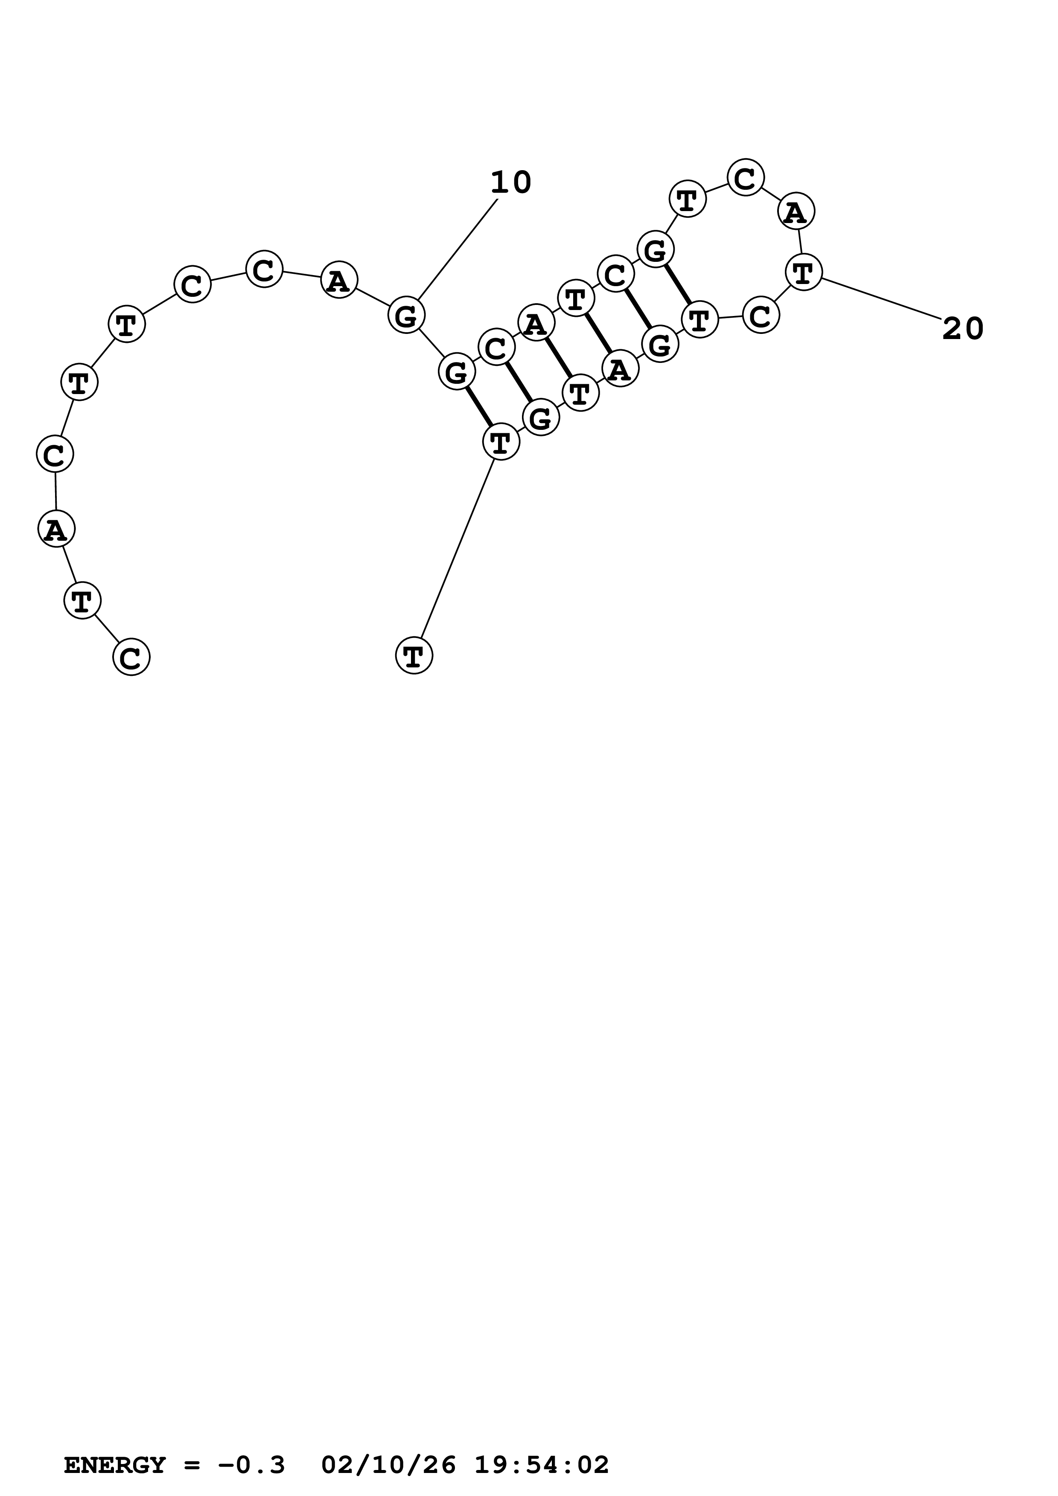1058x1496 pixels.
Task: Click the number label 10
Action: coord(510,183)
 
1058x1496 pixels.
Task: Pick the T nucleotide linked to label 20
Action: coord(803,273)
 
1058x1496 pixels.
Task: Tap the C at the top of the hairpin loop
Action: coord(745,177)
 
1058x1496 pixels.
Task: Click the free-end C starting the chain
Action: coord(131,658)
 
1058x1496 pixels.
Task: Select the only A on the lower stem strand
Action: coord(620,370)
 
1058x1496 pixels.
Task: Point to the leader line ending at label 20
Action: coord(881,299)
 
